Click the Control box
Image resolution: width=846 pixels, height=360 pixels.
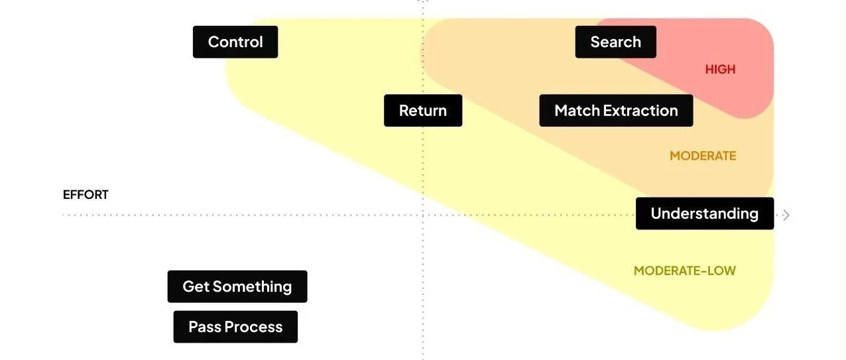[x=235, y=42]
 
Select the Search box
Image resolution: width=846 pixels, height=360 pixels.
[x=615, y=42]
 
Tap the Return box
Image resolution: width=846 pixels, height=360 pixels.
[x=423, y=111]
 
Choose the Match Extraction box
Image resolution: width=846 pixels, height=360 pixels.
[x=616, y=111]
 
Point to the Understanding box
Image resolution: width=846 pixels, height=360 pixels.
[x=704, y=213]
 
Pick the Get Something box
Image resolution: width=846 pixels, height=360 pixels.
[x=237, y=286]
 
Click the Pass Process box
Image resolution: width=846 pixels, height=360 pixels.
[x=235, y=327]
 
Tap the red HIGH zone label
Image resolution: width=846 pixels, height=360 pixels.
[x=720, y=70]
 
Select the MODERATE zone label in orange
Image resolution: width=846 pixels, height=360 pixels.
[x=703, y=156]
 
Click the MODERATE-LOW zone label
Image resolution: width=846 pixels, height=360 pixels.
[x=684, y=270]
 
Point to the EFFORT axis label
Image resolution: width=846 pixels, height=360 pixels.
[x=86, y=195]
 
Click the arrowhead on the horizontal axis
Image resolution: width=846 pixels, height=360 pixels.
[x=786, y=215]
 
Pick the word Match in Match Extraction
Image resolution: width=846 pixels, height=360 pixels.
[x=574, y=111]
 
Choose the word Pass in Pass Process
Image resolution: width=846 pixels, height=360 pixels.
[x=204, y=327]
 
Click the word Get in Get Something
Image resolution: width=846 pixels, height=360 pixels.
[x=196, y=286]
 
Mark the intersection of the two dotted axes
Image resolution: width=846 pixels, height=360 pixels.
[x=423, y=215]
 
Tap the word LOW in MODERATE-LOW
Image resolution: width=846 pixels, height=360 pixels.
[x=722, y=270]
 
